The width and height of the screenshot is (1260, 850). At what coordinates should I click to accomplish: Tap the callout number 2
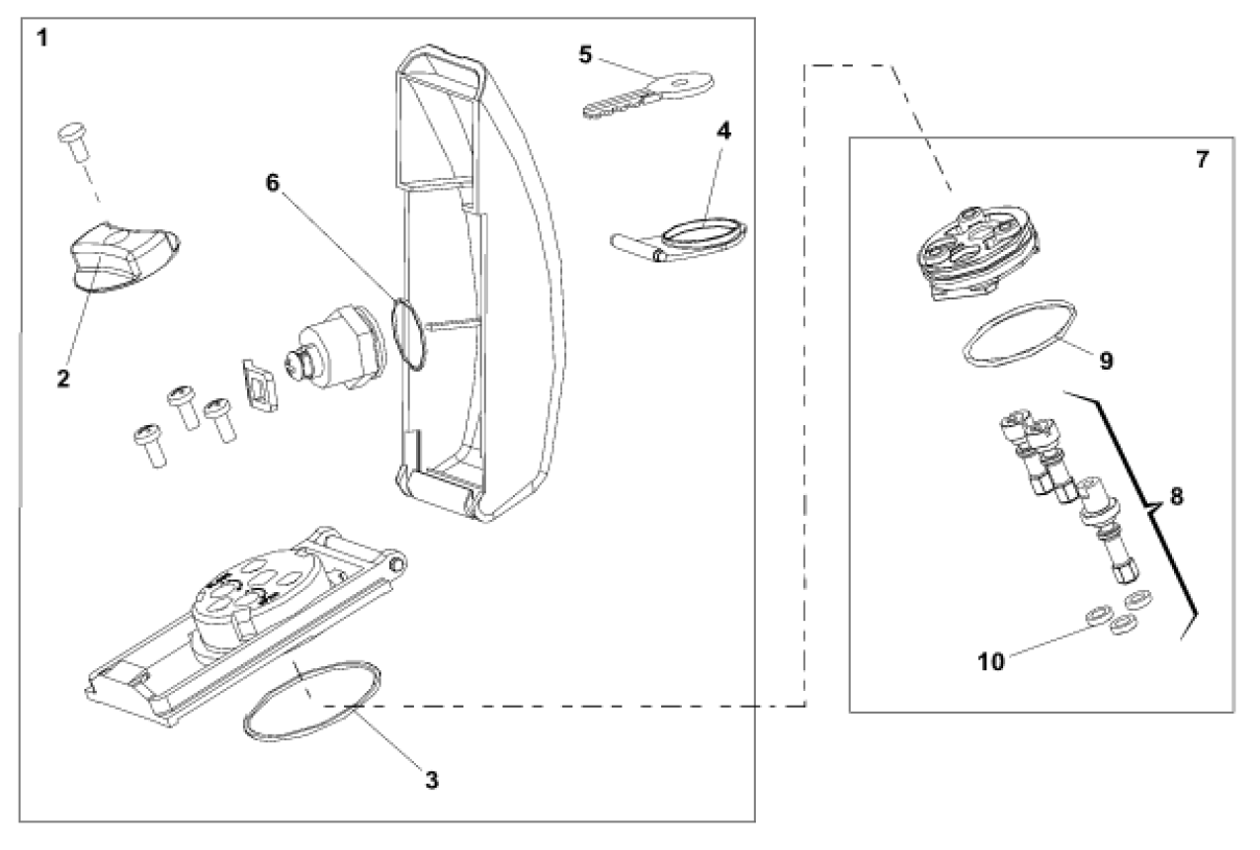click(63, 379)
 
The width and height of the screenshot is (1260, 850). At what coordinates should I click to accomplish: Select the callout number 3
click(431, 779)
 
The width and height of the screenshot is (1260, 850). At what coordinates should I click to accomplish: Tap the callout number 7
click(1202, 160)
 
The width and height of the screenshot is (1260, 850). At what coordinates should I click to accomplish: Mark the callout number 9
click(1106, 362)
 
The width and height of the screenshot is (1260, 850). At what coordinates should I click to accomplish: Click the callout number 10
click(991, 661)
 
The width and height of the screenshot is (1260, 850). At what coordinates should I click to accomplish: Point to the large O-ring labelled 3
click(312, 700)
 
